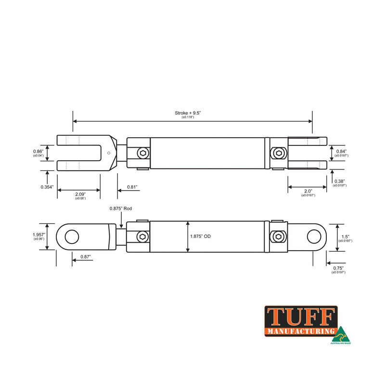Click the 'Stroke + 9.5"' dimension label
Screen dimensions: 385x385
[x=188, y=113]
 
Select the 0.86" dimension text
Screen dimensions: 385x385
[x=38, y=151]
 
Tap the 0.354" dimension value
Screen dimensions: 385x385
[x=48, y=187]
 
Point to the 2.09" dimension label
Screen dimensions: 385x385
[x=80, y=194]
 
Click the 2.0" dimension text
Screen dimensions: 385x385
[x=308, y=191]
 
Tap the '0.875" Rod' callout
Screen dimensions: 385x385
[x=120, y=208]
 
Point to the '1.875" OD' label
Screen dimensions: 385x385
[x=200, y=236]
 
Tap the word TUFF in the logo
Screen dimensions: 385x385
[x=300, y=317]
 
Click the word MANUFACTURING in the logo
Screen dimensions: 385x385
[x=300, y=331]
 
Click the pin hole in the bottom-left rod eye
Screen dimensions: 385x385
[x=72, y=236]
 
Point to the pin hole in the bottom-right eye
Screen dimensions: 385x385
[x=313, y=236]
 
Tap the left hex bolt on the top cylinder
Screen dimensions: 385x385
[x=142, y=153]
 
